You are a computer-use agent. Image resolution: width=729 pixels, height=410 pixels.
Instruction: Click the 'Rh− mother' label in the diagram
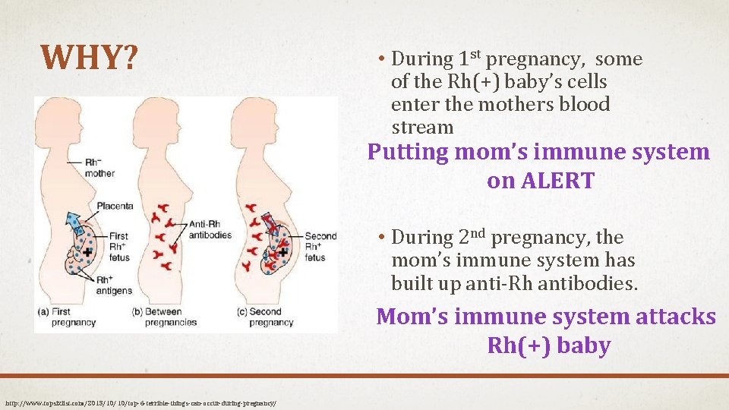99,167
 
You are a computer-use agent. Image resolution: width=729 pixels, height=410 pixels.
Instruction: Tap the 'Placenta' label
115,205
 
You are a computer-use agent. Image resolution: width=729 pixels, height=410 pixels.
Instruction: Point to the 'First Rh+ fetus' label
118,247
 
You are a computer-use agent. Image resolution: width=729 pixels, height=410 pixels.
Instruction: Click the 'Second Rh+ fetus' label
320,247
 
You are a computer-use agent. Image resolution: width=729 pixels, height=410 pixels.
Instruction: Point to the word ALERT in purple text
557,181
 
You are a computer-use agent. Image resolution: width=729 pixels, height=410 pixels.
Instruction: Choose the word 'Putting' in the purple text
408,152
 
